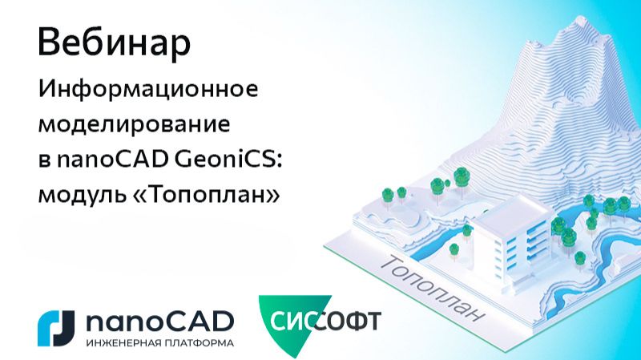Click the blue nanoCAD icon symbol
click(55, 325)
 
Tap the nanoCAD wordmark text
click(159, 321)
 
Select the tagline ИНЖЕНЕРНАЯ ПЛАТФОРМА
click(159, 342)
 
